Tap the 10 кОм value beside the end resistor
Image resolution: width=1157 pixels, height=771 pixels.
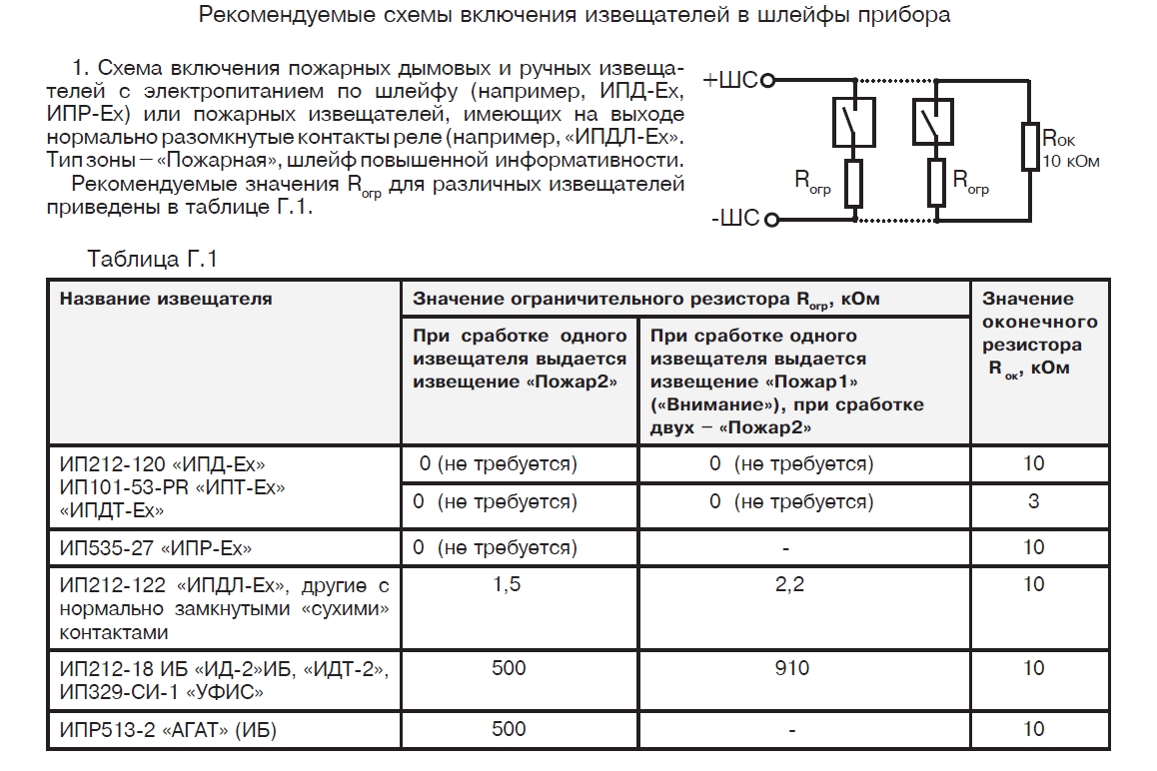(x=1070, y=161)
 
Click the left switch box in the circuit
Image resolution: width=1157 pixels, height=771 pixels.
(x=852, y=121)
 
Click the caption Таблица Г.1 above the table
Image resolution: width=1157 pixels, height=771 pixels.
(x=152, y=259)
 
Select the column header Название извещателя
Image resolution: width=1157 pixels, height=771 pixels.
(x=165, y=299)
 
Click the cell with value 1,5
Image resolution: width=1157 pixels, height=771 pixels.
(x=508, y=585)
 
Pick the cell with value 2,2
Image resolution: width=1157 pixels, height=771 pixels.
(x=789, y=585)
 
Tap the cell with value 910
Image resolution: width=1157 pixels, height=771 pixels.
(x=789, y=668)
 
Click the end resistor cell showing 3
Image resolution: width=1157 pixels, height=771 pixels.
(x=1033, y=501)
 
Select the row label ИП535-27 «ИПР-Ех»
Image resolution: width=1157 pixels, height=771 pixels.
(x=156, y=548)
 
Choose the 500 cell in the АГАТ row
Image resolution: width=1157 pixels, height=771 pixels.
(x=508, y=729)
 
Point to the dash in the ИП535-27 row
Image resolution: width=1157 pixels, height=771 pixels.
(x=789, y=548)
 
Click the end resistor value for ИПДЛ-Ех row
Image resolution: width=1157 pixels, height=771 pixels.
(x=1033, y=585)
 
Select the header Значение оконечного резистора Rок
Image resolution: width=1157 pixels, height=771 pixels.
(x=1039, y=334)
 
